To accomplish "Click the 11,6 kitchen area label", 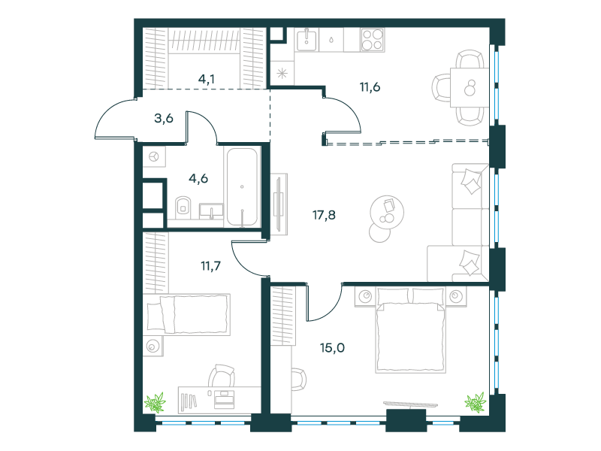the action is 370,87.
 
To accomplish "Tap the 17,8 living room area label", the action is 324,215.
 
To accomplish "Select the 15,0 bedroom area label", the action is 332,348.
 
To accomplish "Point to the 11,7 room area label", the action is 211,265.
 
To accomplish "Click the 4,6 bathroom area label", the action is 198,178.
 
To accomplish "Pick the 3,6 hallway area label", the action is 164,119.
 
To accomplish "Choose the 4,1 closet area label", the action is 207,79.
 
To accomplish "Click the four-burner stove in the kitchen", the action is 373,40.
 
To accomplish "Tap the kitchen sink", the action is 307,40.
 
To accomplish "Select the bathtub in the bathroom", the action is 242,187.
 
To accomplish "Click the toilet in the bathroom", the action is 183,207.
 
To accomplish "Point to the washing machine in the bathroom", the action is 154,156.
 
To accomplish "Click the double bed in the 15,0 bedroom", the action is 410,330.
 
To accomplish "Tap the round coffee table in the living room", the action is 387,212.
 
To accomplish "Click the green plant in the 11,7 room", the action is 155,402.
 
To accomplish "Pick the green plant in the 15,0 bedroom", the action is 476,402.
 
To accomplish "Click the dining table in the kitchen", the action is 470,87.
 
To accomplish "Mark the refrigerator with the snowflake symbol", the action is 282,73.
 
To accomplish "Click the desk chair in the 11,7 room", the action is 222,375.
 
